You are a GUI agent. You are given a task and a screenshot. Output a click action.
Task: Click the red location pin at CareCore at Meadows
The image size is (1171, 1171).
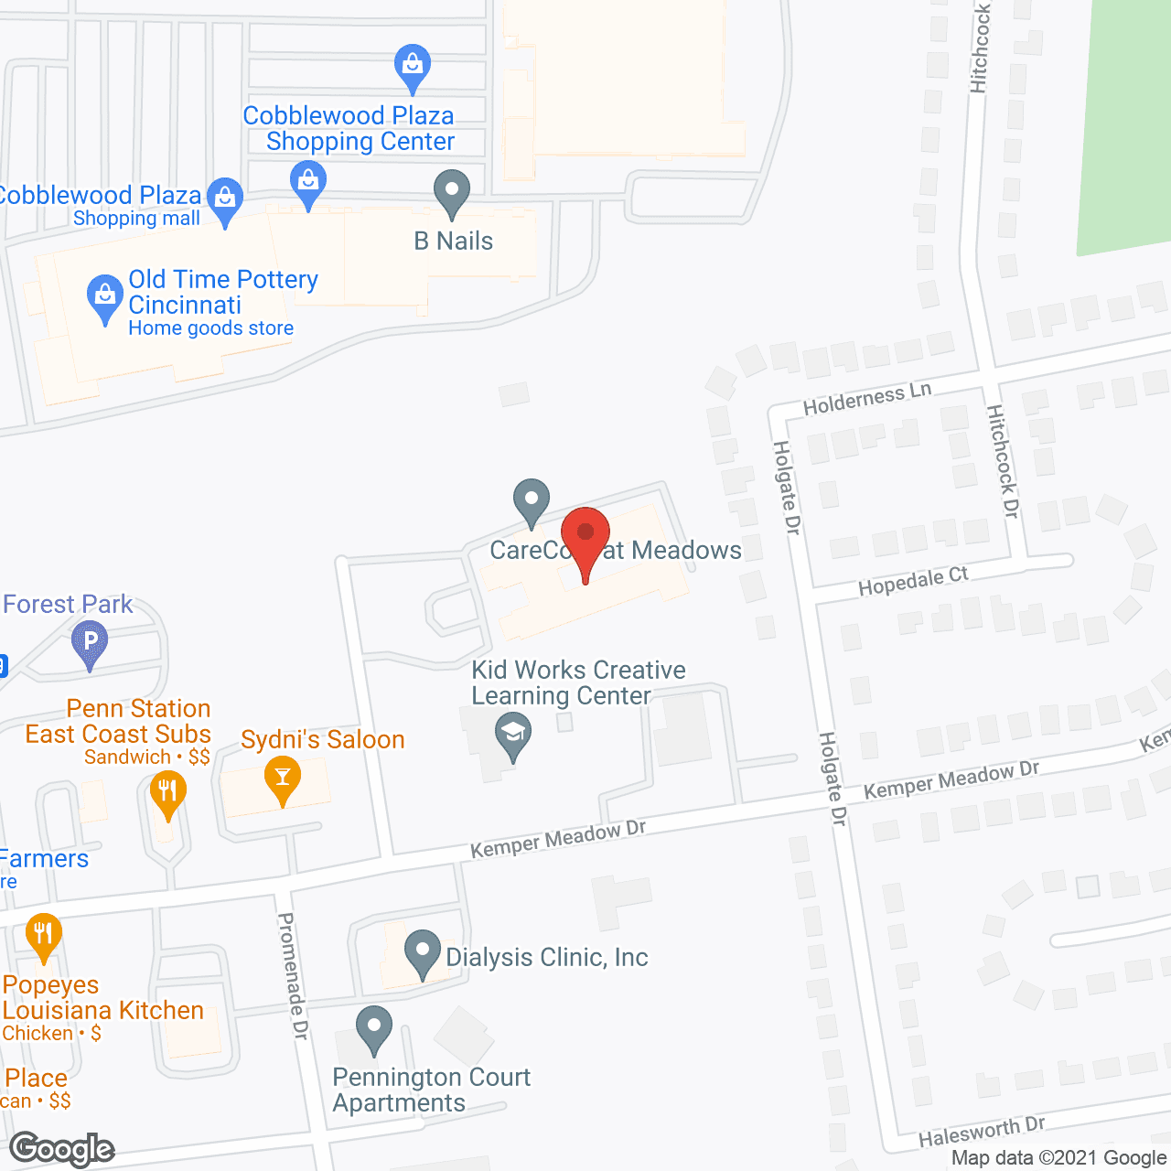point(585,536)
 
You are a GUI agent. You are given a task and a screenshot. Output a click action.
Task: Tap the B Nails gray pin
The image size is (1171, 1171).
point(451,191)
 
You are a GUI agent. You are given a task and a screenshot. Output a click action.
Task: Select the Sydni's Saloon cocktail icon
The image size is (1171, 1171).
point(282,778)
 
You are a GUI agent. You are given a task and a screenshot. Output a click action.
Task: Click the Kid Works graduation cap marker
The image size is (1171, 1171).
point(513,735)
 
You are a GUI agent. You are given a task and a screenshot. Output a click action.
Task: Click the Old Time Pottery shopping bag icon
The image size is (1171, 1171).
point(105,296)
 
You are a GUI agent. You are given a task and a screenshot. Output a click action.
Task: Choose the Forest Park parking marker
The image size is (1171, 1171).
point(90,641)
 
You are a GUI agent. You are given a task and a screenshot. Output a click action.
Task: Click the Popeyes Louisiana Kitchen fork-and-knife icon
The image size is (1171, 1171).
point(43,935)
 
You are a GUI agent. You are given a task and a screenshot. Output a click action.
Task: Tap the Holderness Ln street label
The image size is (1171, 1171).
point(866,399)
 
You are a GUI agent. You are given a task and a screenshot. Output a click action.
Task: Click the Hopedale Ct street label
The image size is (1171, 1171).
point(912,581)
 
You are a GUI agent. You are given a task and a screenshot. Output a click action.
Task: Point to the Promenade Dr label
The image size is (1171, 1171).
point(293,975)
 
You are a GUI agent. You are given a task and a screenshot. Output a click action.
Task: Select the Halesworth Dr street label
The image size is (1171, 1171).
point(981,1132)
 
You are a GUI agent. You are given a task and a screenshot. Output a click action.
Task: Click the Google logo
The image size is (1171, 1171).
point(62,1149)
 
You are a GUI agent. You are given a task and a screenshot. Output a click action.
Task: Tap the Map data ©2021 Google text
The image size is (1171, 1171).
point(1059,1158)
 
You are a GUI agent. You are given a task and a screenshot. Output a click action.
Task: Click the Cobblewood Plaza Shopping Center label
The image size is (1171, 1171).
point(349,128)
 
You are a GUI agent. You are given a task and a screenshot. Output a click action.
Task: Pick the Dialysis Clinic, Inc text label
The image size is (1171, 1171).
point(546,957)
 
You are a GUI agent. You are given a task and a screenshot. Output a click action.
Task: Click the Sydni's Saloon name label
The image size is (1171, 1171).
point(322,739)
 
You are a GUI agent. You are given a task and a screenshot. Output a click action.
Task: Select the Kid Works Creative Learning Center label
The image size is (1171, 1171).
point(577,682)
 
